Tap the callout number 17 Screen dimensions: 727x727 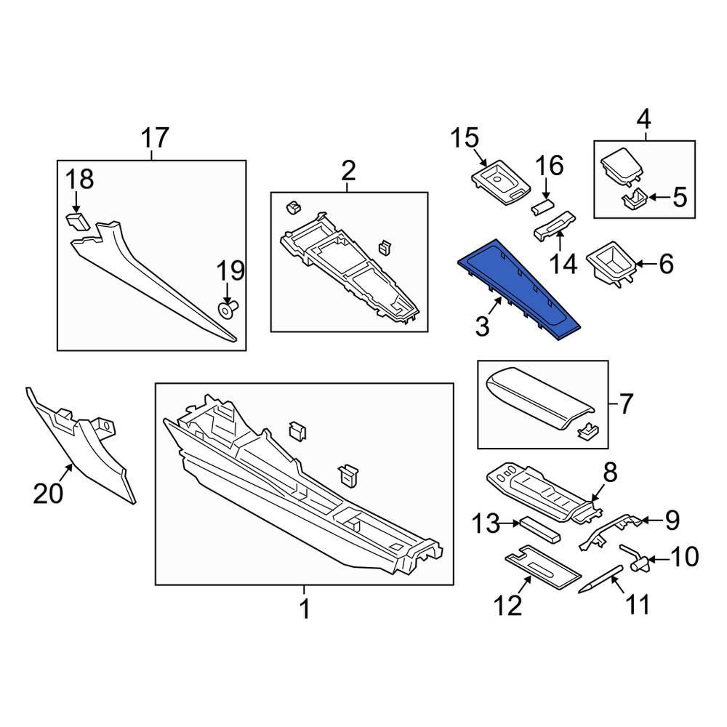tap(154, 138)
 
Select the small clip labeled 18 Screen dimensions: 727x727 tap(78, 221)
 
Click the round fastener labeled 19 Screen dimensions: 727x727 tap(228, 309)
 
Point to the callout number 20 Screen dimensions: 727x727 tap(48, 492)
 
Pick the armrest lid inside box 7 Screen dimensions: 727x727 tap(539, 398)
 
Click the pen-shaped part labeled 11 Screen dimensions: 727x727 tap(601, 579)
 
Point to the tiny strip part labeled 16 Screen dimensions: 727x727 tap(542, 206)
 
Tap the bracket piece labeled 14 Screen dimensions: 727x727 tap(555, 225)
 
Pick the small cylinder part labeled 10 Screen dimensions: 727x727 tap(635, 558)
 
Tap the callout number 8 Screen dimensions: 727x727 tap(610, 473)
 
